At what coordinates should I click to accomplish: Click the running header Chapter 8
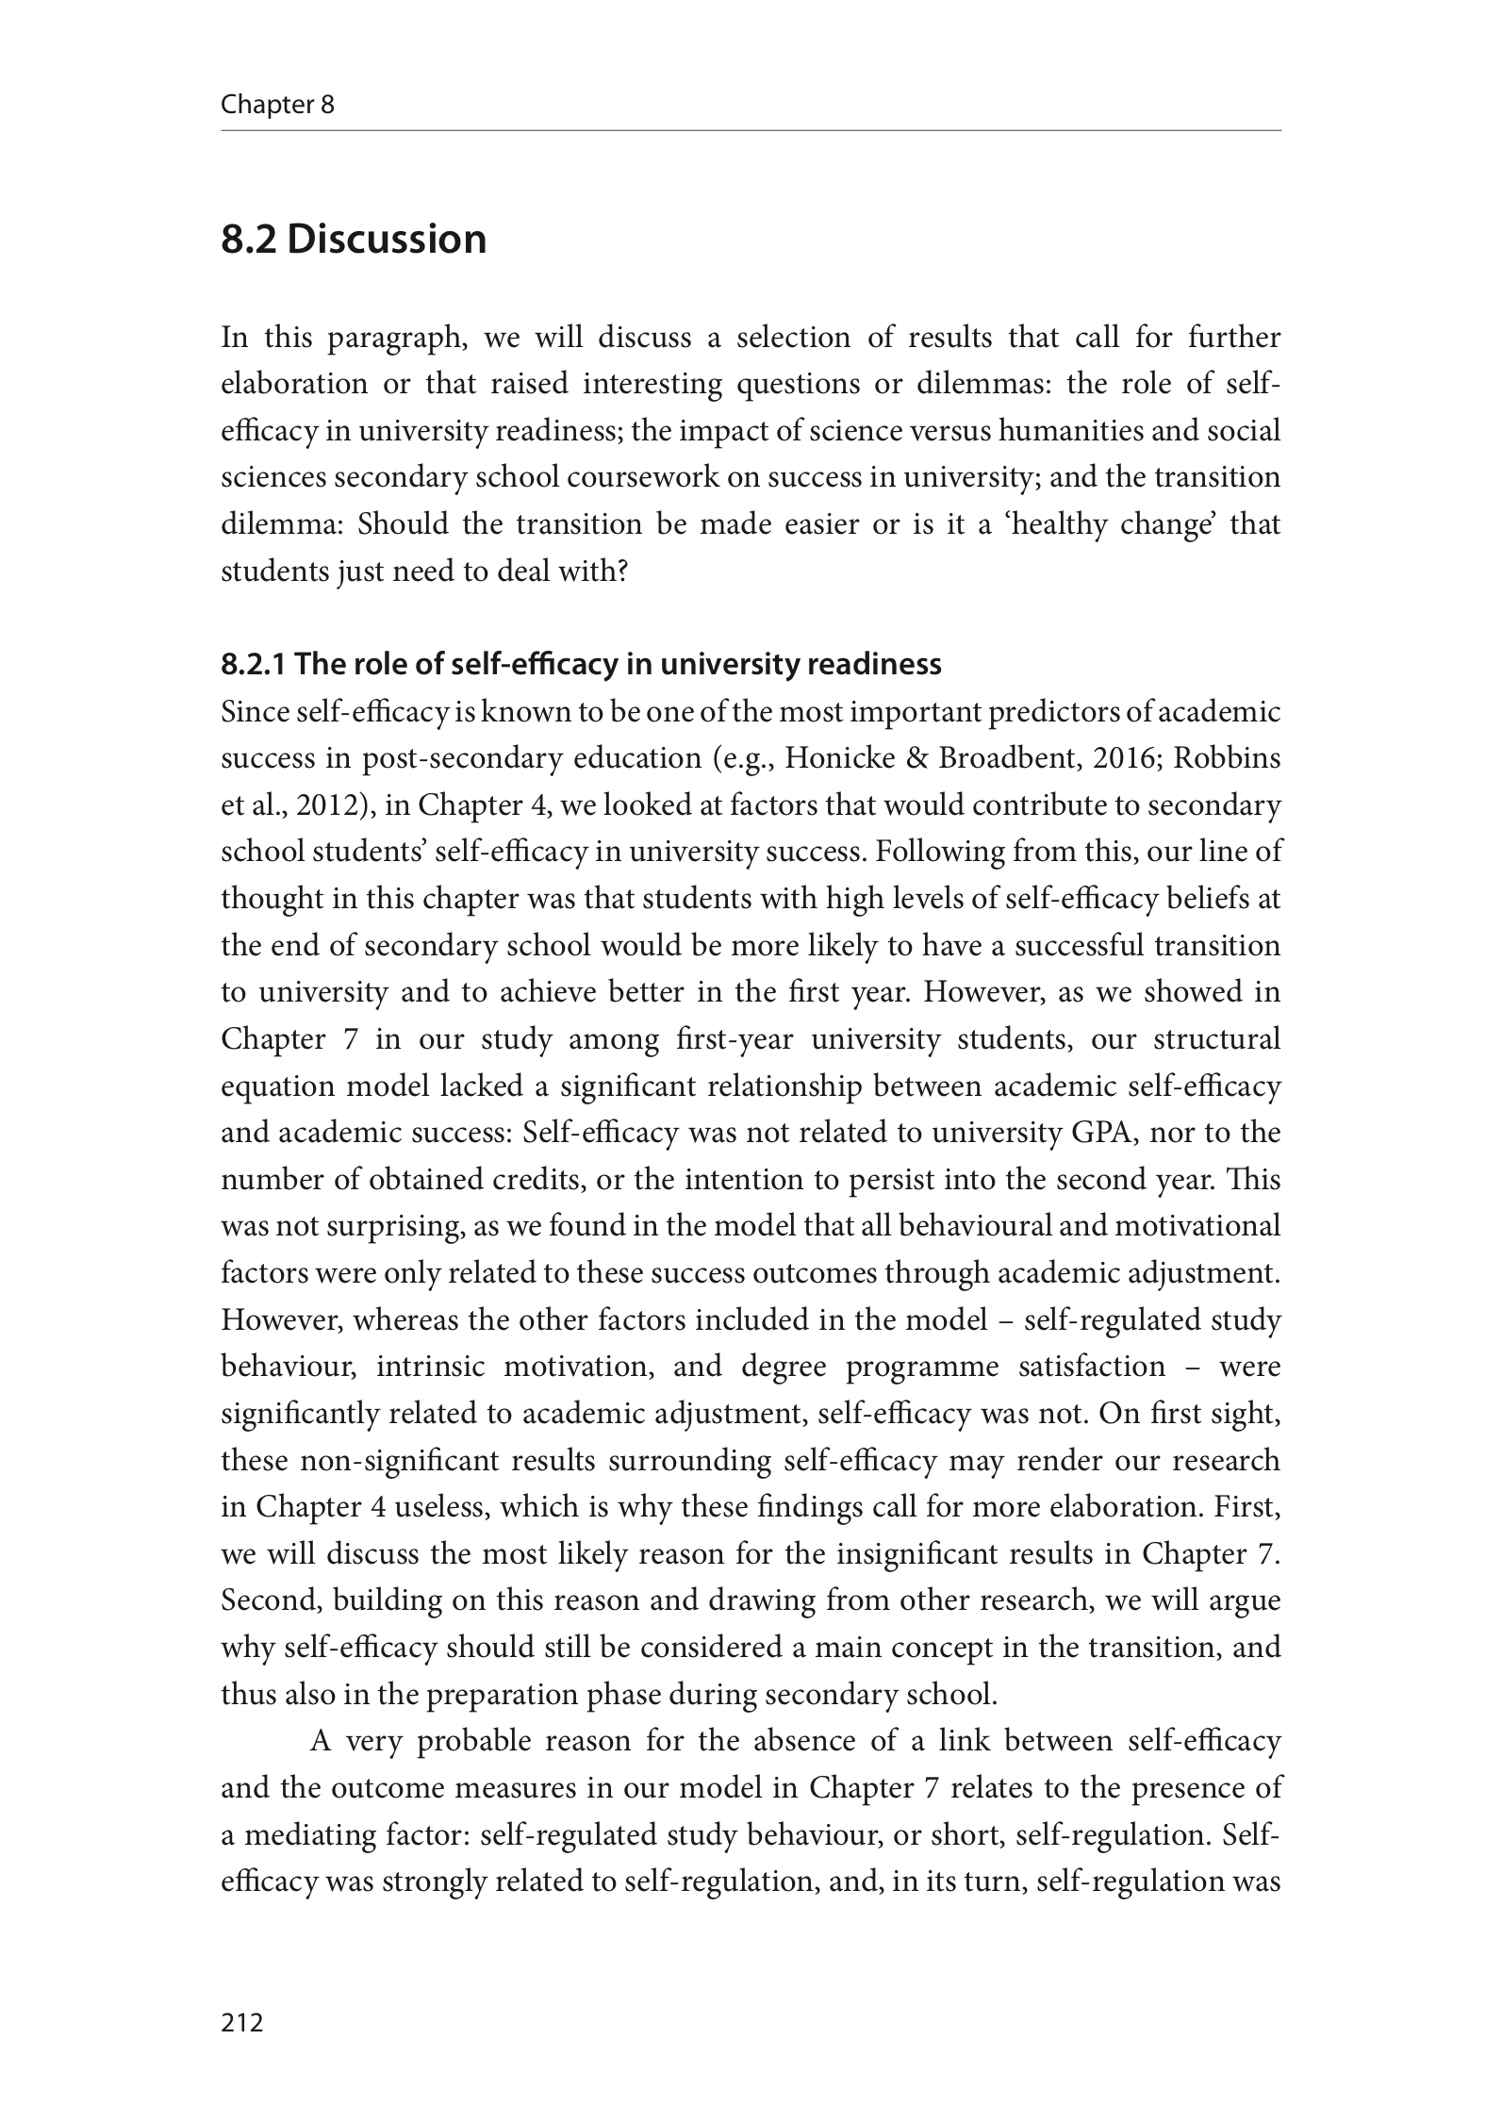click(277, 105)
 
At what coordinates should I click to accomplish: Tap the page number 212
click(241, 2022)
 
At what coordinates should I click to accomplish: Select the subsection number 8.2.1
click(253, 665)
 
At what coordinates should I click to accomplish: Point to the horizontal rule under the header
click(751, 131)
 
